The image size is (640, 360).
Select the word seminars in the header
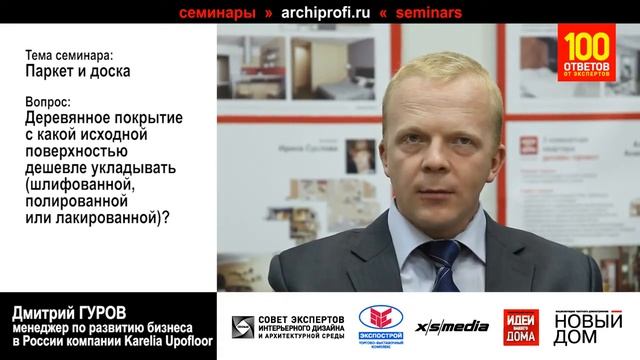click(421, 13)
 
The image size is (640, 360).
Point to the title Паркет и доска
click(65, 72)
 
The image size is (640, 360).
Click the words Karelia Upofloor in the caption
click(165, 342)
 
